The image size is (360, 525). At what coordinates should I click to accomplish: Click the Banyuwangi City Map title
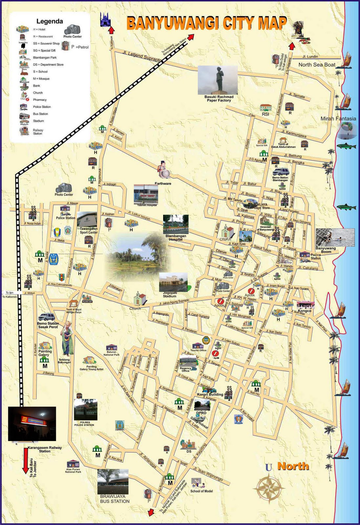[207, 24]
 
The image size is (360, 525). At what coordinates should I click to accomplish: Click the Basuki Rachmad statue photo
[218, 80]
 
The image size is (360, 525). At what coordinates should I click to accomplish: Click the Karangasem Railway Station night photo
[32, 423]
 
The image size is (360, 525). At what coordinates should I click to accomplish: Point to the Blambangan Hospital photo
[176, 224]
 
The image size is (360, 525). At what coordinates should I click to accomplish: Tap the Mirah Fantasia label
[338, 118]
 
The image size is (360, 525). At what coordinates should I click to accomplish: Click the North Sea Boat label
[317, 65]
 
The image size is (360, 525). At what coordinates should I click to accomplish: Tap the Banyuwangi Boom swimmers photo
[335, 237]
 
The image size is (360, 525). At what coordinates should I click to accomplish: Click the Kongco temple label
[305, 310]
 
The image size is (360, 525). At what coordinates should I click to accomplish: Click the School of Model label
[201, 491]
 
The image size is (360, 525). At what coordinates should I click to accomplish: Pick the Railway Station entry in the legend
[38, 132]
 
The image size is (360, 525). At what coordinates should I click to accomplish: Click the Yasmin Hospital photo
[146, 194]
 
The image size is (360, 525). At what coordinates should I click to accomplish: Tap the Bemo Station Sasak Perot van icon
[46, 317]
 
